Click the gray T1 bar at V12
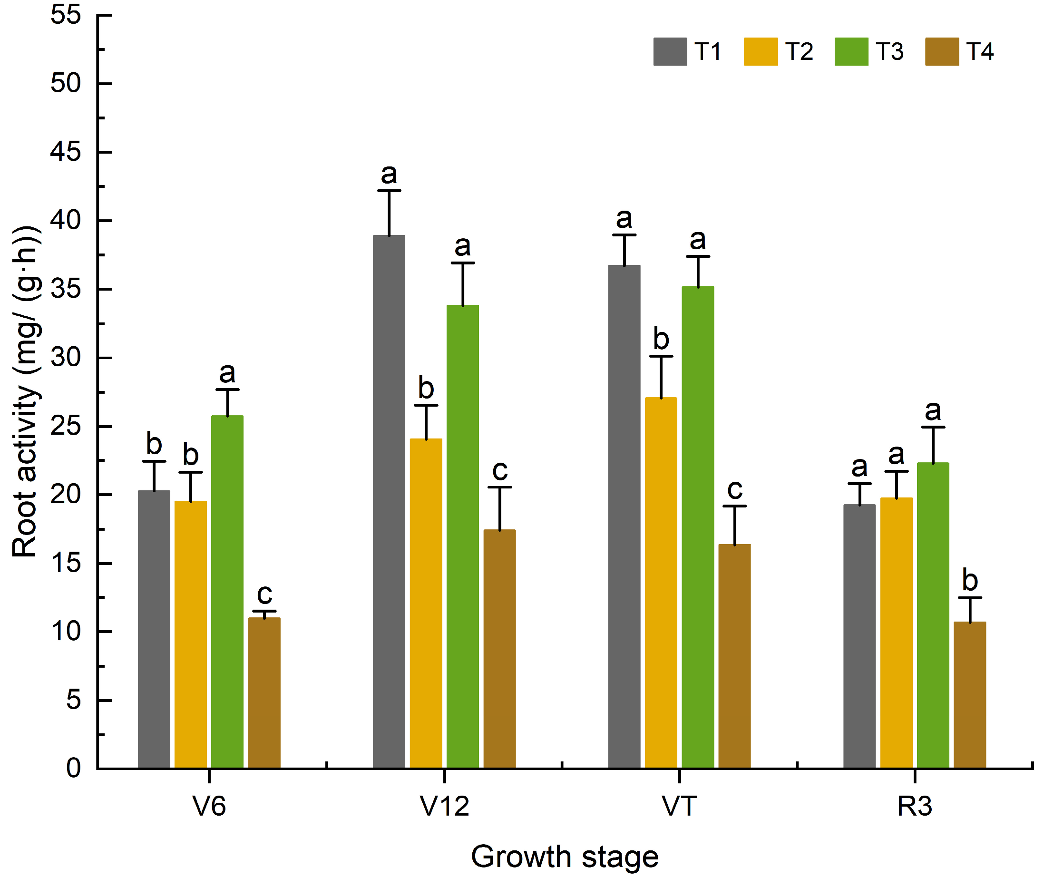(389, 502)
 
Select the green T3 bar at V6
(227, 592)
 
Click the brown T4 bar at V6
(264, 693)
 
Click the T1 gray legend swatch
(670, 52)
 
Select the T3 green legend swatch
(851, 52)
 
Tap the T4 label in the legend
(979, 52)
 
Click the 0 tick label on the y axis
(73, 769)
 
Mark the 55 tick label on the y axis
(65, 15)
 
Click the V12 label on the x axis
(444, 806)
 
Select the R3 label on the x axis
(914, 806)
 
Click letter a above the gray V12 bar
(389, 174)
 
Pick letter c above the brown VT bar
(735, 489)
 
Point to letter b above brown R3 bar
(970, 580)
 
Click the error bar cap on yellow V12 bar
(426, 406)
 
